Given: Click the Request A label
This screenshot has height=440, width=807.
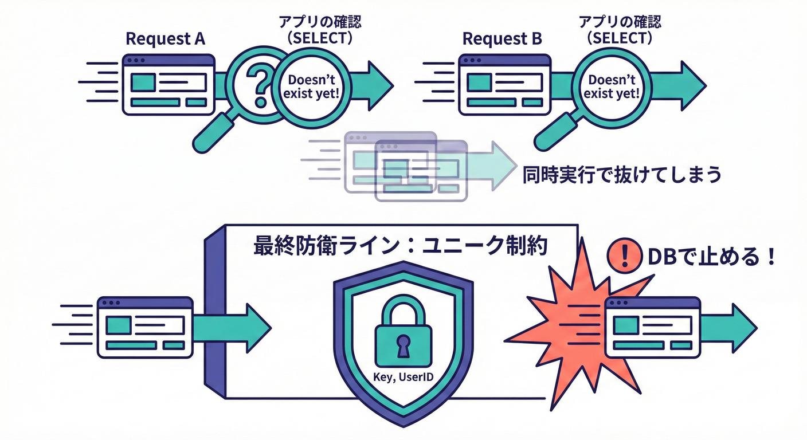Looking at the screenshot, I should (165, 39).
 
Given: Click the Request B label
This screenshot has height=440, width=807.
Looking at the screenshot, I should (502, 39).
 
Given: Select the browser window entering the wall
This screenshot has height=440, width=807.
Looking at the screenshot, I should (145, 327).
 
